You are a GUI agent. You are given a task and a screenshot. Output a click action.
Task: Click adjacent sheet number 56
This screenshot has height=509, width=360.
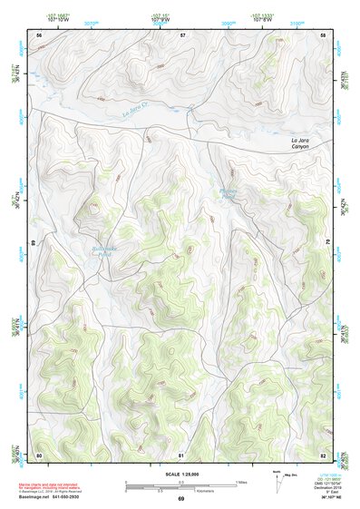click(39, 34)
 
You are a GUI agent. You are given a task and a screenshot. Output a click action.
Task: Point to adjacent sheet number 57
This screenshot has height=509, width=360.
click(182, 34)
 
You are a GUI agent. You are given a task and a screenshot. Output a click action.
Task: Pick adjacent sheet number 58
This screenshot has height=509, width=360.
click(324, 34)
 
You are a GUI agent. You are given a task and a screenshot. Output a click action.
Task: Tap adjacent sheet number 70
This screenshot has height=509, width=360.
click(327, 243)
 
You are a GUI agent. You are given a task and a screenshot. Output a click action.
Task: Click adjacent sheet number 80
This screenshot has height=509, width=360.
click(39, 454)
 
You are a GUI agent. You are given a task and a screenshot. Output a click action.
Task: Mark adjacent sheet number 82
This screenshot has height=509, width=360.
click(324, 454)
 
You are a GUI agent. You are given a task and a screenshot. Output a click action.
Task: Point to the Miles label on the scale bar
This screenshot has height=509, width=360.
click(240, 482)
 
